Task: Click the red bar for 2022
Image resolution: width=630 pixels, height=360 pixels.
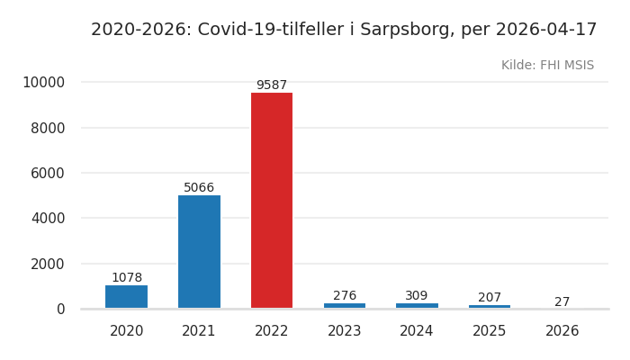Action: coord(272,201)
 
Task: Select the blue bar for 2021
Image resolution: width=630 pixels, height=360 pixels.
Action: coord(199,252)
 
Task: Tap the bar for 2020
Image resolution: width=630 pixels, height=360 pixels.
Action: coord(126,297)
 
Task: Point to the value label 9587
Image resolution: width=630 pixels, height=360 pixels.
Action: coord(272,85)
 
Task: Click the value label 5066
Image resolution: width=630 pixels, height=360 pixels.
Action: coord(199,188)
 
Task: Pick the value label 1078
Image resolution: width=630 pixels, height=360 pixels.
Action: coord(126,278)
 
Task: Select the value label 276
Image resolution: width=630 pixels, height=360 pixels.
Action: coord(345,296)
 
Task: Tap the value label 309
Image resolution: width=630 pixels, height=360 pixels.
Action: coord(417,296)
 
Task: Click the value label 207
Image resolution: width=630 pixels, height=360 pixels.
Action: coord(490,298)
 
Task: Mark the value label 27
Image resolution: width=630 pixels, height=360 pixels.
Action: coord(562,302)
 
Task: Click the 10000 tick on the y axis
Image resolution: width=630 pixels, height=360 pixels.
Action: coord(43,83)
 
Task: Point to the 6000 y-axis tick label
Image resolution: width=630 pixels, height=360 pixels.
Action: coord(48,173)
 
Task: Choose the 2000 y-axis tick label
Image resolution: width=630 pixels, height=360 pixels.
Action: coord(48,264)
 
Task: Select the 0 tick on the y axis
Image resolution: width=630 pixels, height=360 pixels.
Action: coord(60,309)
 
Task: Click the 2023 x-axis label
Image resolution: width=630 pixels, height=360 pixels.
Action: coord(345,331)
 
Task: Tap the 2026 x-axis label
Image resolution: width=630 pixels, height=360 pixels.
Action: coord(562,331)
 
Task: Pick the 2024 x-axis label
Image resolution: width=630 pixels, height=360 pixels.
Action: coord(417,331)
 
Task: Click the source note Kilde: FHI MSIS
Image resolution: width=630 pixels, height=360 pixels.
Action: coord(547,66)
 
